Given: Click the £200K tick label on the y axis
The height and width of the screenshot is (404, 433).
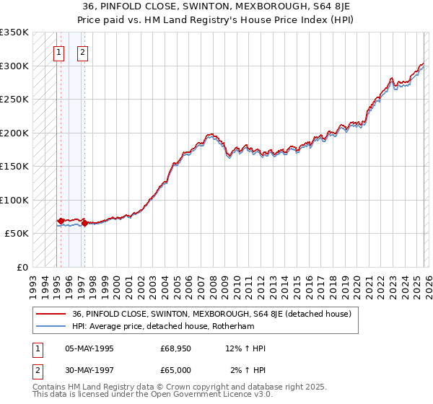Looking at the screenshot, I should [14, 133].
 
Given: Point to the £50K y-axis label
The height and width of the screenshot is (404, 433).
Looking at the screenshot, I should [17, 234].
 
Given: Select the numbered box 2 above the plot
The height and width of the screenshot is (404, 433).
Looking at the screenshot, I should [83, 52].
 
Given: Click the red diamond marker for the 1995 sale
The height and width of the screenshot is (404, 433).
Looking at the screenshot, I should [61, 221].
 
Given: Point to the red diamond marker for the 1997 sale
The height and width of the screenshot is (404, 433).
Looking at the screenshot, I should [85, 224].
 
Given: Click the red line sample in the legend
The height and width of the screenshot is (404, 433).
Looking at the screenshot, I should [51, 314].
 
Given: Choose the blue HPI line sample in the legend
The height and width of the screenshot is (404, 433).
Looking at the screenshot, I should [51, 325].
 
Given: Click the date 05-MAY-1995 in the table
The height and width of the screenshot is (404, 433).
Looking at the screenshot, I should [89, 348].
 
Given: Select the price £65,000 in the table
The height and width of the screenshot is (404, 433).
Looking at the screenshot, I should [176, 370].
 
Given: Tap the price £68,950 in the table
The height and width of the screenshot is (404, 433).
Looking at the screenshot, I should [176, 348].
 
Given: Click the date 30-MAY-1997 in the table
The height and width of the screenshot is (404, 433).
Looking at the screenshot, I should [89, 370].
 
